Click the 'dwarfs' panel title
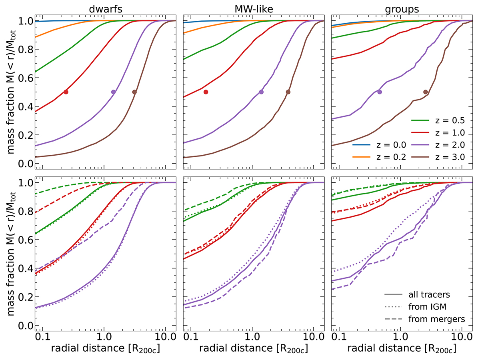(106, 7)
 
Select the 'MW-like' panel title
(254, 7)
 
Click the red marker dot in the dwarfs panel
(66, 92)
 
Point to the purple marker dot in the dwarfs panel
(113, 92)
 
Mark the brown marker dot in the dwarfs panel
(134, 92)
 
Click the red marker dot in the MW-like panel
(206, 92)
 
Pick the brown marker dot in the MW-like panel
(288, 92)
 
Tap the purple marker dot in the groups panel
(380, 92)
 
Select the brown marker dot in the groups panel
(426, 92)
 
